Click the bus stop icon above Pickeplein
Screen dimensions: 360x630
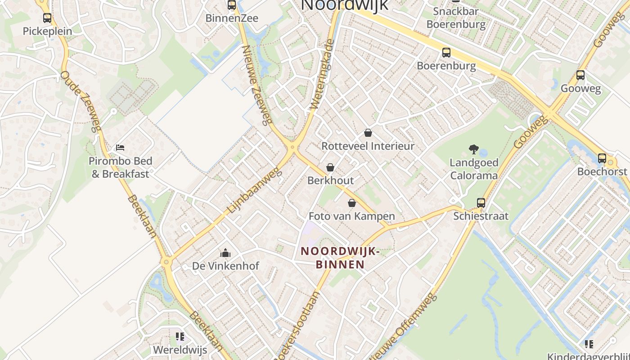[47, 18]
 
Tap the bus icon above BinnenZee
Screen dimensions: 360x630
[232, 5]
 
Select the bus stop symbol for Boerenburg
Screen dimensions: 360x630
[446, 53]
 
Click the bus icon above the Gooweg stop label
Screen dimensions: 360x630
[580, 75]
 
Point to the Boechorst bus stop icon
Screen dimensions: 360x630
[602, 158]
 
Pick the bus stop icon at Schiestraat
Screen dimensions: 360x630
[481, 203]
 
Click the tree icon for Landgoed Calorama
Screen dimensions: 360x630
[473, 149]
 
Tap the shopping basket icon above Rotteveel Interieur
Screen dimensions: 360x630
[368, 133]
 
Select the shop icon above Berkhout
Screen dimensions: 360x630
[330, 167]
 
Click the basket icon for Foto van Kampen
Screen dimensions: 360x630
[352, 203]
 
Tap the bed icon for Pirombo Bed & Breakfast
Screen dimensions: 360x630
[120, 148]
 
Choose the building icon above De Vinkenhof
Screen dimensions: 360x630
[225, 253]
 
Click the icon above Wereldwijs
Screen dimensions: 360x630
[180, 337]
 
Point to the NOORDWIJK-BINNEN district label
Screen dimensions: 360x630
[340, 258]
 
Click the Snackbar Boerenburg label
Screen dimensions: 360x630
[456, 18]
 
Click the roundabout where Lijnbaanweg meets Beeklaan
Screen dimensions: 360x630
[166, 261]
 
